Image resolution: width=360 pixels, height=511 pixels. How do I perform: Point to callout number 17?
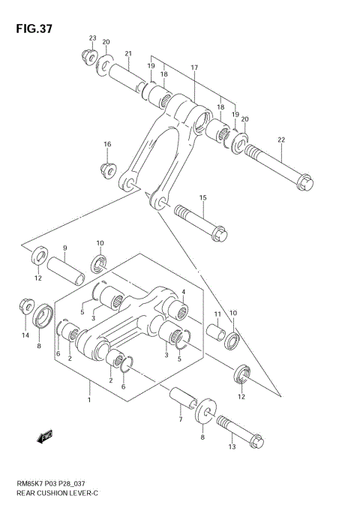193,68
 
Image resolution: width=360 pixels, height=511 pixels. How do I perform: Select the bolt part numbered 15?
201,223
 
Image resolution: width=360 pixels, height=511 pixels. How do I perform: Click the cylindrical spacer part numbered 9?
67,269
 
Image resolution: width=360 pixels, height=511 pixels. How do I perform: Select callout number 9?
64,248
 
